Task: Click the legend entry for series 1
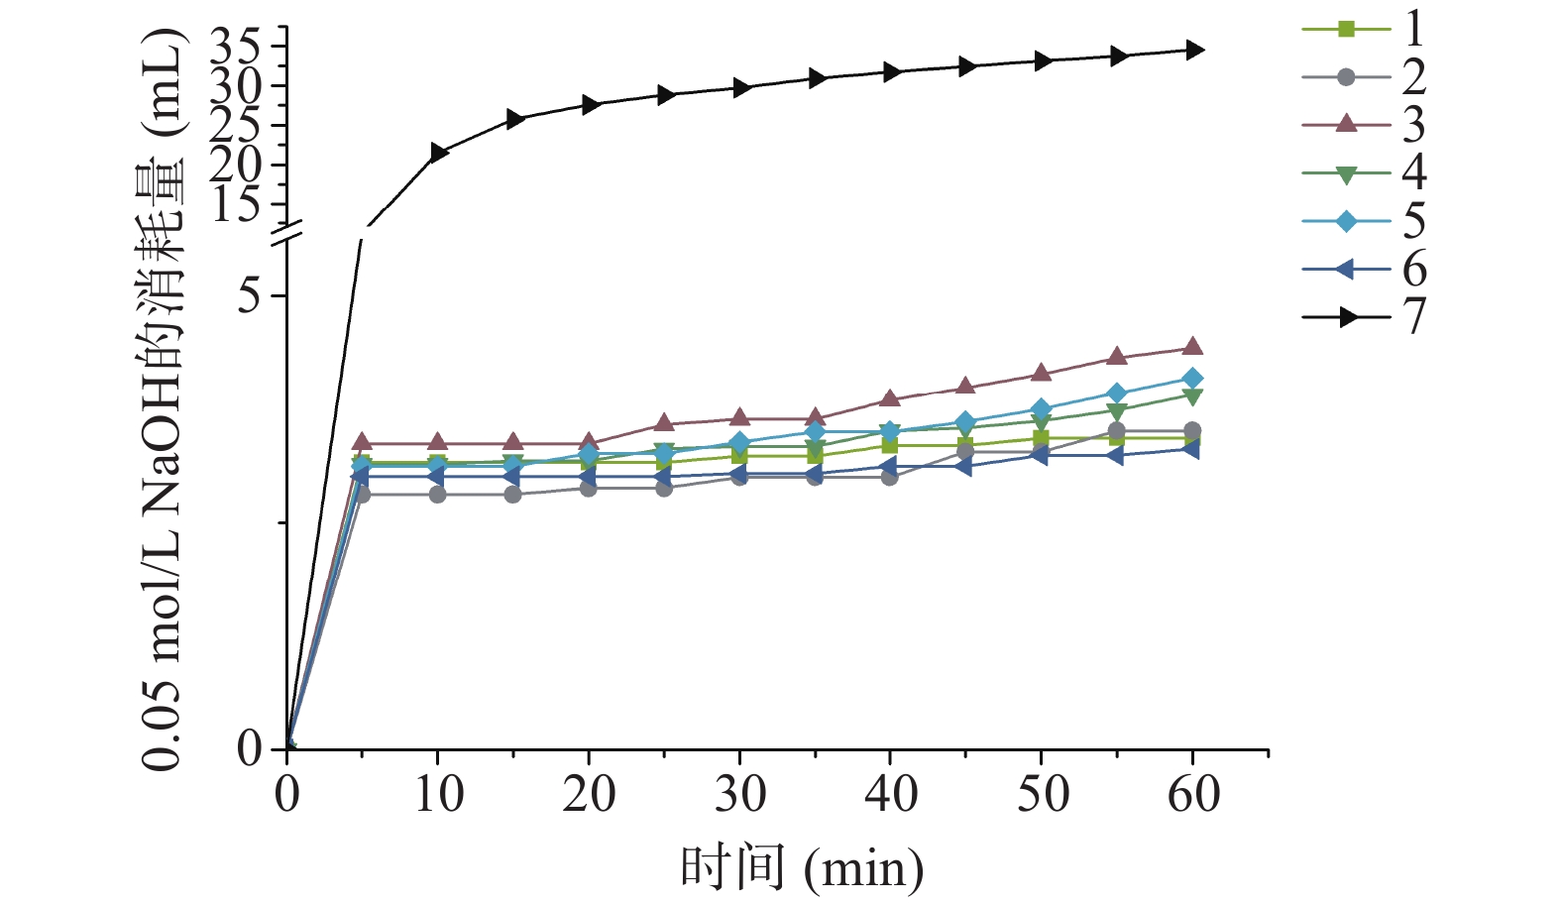click(1363, 29)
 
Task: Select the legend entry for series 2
click(1363, 76)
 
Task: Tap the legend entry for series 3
click(1363, 124)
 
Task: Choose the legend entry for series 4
click(1363, 172)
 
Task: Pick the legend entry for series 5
click(1363, 220)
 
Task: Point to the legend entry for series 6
click(1363, 269)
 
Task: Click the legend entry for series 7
click(1363, 316)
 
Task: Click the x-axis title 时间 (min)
click(801, 869)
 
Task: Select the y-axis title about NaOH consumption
click(165, 396)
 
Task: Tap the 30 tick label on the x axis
click(739, 794)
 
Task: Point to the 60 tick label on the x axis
click(1193, 794)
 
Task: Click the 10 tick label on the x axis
click(437, 794)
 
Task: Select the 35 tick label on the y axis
click(234, 46)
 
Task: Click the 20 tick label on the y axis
click(234, 165)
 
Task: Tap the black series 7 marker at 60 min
click(1194, 50)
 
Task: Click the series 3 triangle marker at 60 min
click(1193, 347)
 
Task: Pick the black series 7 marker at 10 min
click(438, 153)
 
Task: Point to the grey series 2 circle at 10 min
click(437, 494)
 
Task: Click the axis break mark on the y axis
click(286, 234)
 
